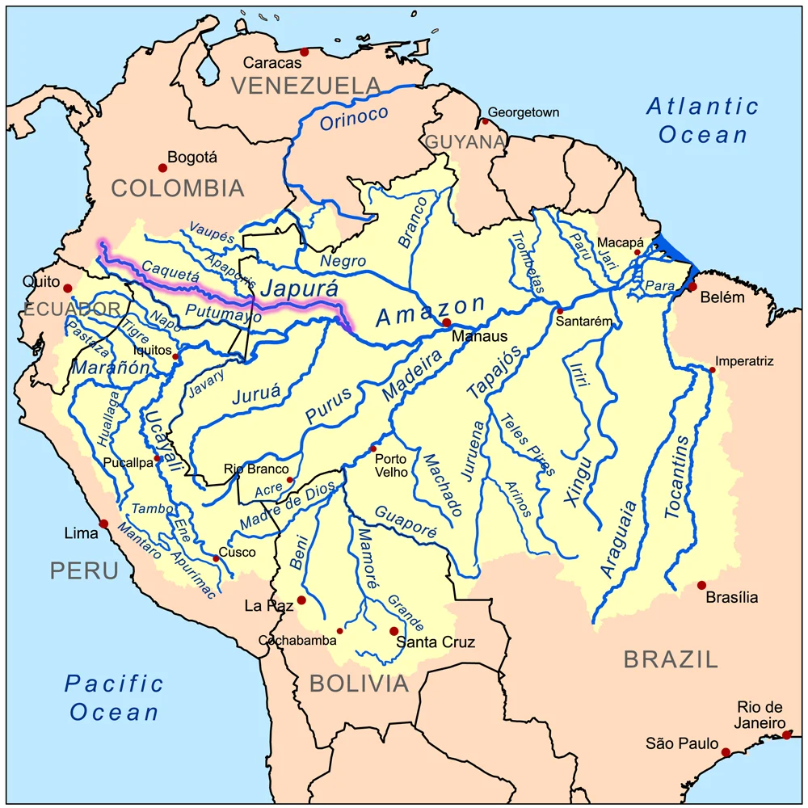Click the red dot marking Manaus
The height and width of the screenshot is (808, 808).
[446, 322]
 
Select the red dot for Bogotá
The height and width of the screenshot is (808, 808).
[162, 168]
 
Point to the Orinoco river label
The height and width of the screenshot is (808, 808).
[354, 118]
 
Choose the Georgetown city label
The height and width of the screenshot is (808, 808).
[524, 112]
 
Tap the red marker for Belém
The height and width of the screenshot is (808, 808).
[692, 287]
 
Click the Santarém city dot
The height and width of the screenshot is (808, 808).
[559, 311]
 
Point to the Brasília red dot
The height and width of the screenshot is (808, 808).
[701, 585]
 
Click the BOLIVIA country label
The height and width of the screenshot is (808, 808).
[360, 684]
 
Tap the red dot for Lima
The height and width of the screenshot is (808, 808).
[103, 524]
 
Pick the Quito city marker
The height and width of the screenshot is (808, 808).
[68, 288]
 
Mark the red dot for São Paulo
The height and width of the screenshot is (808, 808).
[726, 752]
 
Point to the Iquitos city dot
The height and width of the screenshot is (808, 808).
[175, 356]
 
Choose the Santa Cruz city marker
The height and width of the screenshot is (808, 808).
[393, 631]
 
